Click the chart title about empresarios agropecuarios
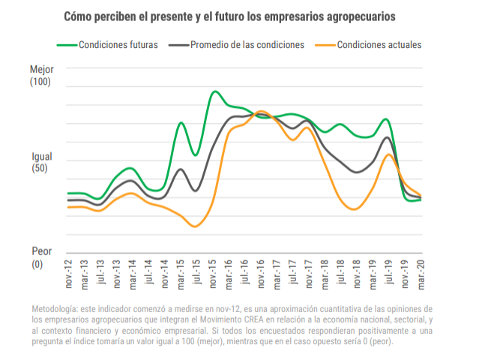click(229, 16)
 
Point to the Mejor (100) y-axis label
click(40, 75)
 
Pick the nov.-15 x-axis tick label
click(212, 274)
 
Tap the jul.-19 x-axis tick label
click(387, 274)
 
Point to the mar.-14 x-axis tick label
click(132, 274)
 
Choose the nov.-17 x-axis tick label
click(307, 274)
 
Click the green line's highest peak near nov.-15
click(215, 91)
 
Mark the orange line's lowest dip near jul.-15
click(195, 226)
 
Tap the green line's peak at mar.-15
click(181, 122)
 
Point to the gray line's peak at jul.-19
click(387, 137)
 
